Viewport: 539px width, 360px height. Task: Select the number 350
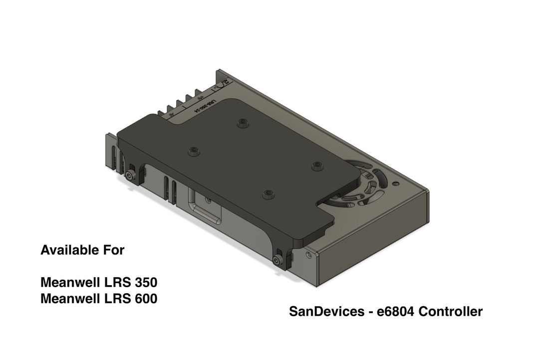coord(145,282)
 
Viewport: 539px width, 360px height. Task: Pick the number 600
coord(145,299)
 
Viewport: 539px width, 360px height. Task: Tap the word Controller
coord(451,312)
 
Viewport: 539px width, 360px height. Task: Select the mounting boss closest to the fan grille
coord(315,165)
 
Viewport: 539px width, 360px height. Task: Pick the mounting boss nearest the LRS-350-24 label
coord(243,122)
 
